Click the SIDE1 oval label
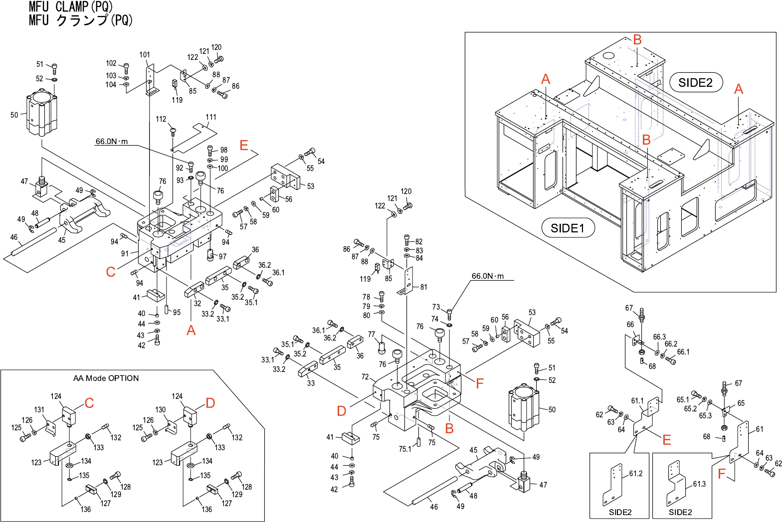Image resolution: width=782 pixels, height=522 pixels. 568,228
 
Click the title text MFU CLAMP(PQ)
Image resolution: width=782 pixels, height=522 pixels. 71,7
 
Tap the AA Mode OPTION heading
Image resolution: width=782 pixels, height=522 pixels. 106,378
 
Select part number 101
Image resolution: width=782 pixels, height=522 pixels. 145,55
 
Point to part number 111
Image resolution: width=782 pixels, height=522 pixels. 211,117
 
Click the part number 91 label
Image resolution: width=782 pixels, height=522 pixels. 125,254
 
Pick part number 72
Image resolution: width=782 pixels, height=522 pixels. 365,377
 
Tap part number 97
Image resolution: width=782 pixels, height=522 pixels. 222,257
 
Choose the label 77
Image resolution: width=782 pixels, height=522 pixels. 372,335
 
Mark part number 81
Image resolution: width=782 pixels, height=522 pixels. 423,287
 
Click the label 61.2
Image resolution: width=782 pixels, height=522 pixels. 635,474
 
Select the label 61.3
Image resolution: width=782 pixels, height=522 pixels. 699,484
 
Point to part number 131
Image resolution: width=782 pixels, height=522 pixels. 39,410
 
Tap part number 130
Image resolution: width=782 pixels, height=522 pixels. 160,410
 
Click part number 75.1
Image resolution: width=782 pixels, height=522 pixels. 404,449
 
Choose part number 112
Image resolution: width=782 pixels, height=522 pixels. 161,119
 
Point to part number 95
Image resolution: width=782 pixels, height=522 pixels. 177,313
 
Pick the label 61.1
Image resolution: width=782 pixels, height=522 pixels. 637,401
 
